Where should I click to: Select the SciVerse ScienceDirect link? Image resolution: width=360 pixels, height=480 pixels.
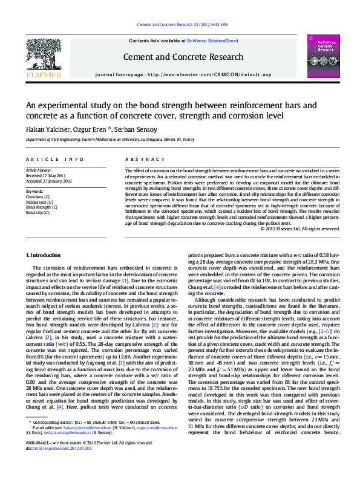click(212, 41)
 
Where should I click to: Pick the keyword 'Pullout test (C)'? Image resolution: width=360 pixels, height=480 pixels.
click(40, 202)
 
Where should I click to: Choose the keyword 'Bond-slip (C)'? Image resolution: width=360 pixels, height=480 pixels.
click(38, 212)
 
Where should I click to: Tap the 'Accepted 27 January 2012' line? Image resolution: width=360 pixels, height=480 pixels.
click(49, 181)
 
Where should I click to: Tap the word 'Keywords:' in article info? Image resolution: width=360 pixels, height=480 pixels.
click(34, 192)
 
